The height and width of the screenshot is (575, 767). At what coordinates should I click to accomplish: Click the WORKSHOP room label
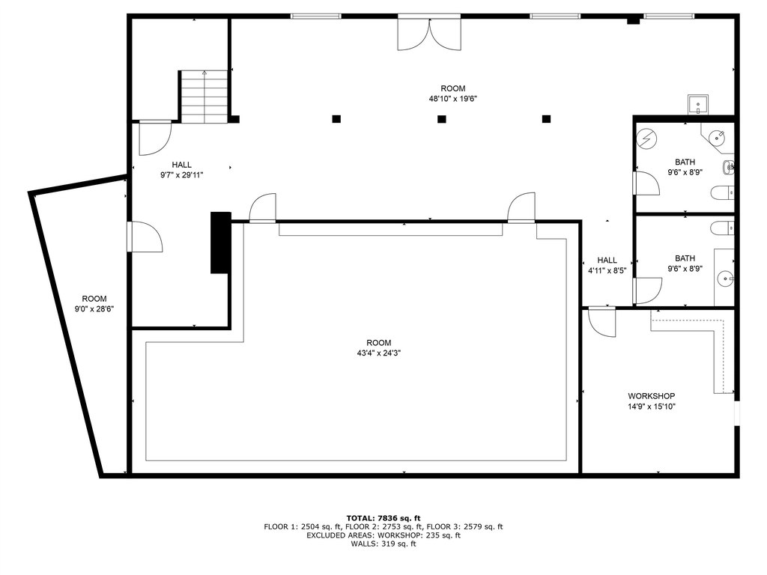pyautogui.click(x=651, y=396)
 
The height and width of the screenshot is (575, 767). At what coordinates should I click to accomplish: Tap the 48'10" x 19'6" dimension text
pyautogui.click(x=453, y=99)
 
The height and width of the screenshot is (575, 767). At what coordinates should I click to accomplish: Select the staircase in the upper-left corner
pyautogui.click(x=204, y=97)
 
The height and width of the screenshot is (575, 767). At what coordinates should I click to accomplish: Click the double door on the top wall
pyautogui.click(x=429, y=33)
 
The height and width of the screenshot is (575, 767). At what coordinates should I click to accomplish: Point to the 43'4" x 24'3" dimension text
pyautogui.click(x=378, y=353)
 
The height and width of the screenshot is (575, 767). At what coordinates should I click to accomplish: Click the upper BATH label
pyautogui.click(x=685, y=162)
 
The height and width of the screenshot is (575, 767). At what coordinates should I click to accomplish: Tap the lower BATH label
pyautogui.click(x=685, y=258)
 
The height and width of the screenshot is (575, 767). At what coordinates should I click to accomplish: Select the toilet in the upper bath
pyautogui.click(x=722, y=192)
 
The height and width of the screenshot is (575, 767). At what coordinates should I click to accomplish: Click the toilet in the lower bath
pyautogui.click(x=722, y=228)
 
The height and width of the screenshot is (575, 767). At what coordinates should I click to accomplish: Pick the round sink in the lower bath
pyautogui.click(x=725, y=279)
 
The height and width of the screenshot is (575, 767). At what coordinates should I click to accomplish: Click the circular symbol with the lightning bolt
pyautogui.click(x=646, y=139)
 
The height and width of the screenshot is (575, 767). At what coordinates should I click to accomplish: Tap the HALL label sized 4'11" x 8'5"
pyautogui.click(x=607, y=265)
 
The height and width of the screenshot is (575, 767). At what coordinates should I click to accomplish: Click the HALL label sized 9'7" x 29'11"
pyautogui.click(x=181, y=170)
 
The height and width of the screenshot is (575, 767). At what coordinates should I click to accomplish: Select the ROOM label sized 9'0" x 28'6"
pyautogui.click(x=94, y=304)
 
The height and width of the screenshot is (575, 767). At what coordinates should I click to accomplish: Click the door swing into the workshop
pyautogui.click(x=601, y=322)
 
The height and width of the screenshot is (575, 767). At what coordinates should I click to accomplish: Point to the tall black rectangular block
pyautogui.click(x=221, y=243)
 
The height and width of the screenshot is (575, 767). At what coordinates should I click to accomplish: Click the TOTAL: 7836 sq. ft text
pyautogui.click(x=383, y=518)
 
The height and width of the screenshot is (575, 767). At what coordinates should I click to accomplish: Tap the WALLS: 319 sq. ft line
pyautogui.click(x=383, y=544)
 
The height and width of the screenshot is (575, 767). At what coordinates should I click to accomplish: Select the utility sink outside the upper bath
pyautogui.click(x=698, y=105)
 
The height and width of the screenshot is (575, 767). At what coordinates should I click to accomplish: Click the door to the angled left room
pyautogui.click(x=145, y=237)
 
